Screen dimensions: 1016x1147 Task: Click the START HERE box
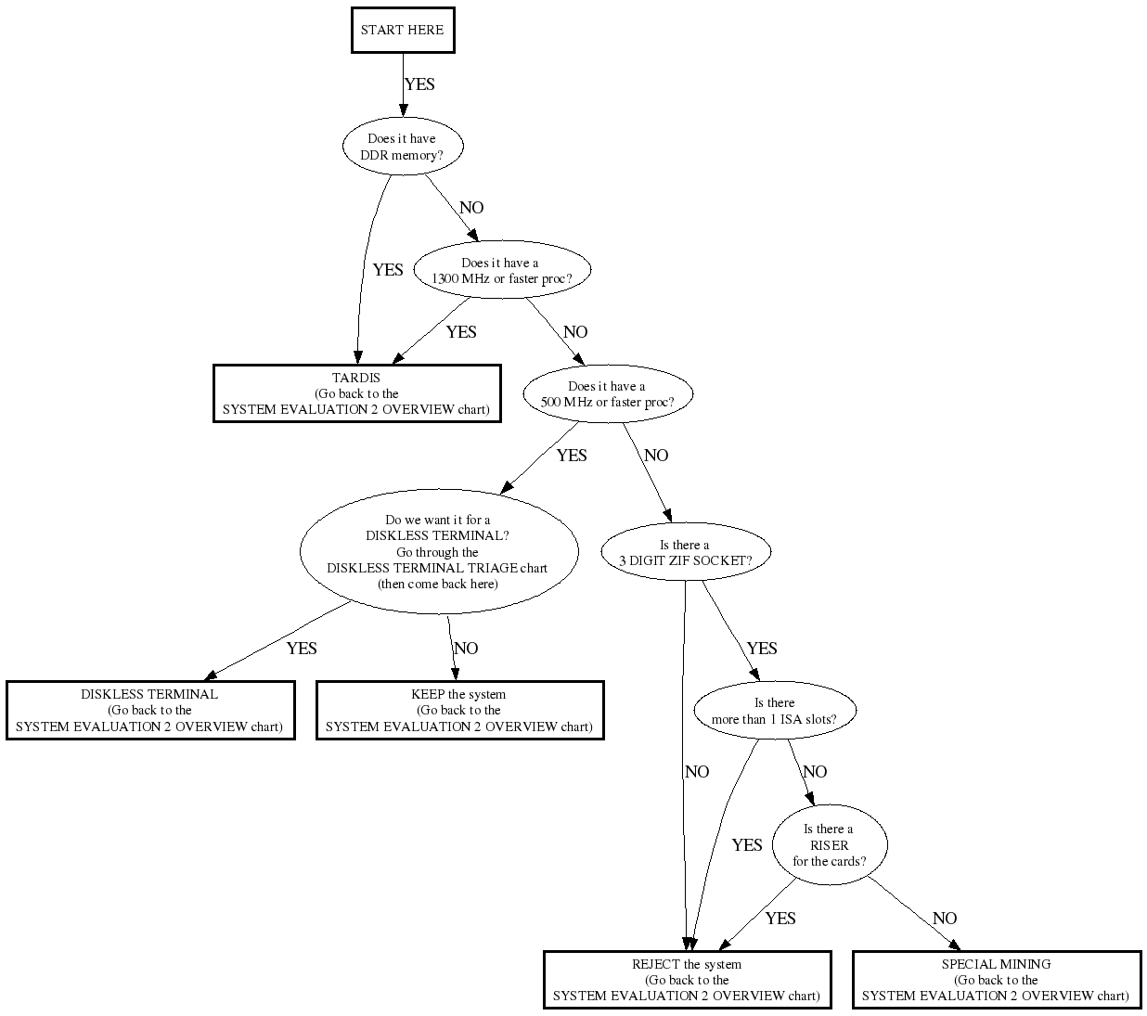pos(402,30)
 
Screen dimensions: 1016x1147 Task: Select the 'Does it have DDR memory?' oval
pos(401,147)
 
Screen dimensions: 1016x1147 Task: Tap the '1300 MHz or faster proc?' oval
pos(501,271)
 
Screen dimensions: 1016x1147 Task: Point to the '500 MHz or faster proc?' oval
pos(607,394)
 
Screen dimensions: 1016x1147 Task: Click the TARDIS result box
pos(356,393)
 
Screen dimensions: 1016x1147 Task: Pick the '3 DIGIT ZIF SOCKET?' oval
pos(685,553)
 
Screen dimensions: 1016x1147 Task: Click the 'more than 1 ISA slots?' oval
pos(774,711)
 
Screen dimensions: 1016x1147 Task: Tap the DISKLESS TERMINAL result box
pos(149,710)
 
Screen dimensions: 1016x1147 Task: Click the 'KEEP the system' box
pos(459,710)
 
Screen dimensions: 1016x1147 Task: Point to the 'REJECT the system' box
pos(687,980)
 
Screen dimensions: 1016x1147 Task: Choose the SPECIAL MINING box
pos(996,980)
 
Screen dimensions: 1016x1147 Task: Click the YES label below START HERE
pos(419,84)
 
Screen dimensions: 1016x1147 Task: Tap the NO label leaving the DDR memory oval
pos(471,208)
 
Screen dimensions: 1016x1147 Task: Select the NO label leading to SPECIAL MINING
pos(945,919)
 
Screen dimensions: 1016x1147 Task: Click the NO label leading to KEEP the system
pos(466,649)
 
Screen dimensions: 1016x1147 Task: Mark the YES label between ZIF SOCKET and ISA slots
pos(762,649)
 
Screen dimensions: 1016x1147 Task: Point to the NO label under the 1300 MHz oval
pos(575,332)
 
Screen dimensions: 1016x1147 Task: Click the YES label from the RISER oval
pos(780,919)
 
